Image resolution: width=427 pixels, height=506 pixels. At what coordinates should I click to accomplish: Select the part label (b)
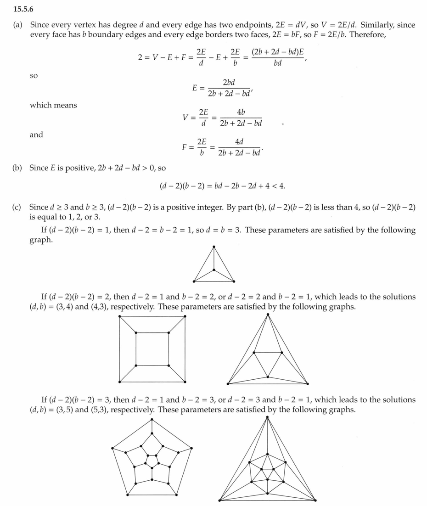coord(18,168)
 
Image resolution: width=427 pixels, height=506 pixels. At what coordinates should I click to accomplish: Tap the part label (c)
coord(18,207)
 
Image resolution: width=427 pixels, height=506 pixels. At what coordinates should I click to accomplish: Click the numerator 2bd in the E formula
coord(229,82)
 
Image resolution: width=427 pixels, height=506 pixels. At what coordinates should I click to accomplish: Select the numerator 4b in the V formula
coord(241,112)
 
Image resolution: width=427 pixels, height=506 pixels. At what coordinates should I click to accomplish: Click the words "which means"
coord(53,105)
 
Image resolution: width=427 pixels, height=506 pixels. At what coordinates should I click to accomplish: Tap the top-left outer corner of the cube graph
coord(119,316)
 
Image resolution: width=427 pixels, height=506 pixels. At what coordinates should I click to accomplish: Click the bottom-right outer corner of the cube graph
coord(185,382)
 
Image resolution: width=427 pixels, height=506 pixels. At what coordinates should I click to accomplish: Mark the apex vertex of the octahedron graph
coord(268,315)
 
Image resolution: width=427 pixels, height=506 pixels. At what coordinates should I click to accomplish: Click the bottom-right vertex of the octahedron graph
coord(308,383)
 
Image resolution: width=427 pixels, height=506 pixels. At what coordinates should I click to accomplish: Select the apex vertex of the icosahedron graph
coord(268,417)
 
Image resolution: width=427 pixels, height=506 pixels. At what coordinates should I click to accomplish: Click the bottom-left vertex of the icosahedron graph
coord(219,500)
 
